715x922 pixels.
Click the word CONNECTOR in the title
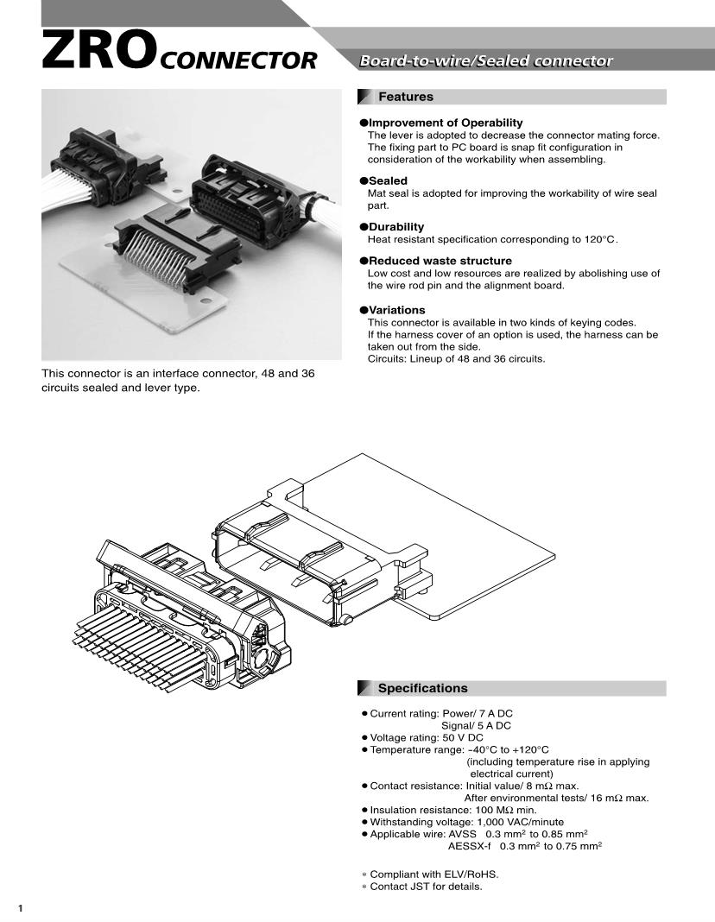click(x=238, y=60)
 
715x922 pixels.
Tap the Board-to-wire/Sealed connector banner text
click(x=486, y=61)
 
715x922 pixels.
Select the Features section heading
click(x=406, y=97)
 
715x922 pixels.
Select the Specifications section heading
click(x=422, y=688)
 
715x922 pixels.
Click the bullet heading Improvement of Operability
click(x=445, y=123)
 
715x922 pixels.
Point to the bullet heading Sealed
click(x=388, y=180)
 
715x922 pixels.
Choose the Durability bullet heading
click(x=396, y=227)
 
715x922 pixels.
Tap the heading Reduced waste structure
click(x=440, y=261)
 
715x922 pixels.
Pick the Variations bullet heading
click(x=396, y=310)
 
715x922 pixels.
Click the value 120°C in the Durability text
click(x=599, y=239)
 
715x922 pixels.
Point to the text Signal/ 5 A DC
click(x=476, y=726)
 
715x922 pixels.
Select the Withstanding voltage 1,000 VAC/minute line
click(x=466, y=823)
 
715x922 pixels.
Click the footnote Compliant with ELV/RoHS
click(x=434, y=875)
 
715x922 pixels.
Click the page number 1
click(x=20, y=907)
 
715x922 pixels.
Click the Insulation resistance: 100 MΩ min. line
click(x=452, y=811)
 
